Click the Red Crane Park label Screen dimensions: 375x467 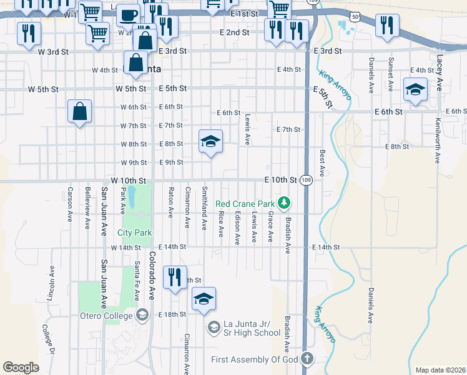click(245, 203)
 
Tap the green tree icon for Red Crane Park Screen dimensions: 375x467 click(284, 202)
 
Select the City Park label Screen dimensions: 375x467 click(134, 232)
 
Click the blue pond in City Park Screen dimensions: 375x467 click(132, 197)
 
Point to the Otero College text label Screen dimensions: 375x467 click(107, 315)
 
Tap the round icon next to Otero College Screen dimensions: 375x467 click(142, 314)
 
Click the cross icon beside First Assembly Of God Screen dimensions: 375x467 click(306, 359)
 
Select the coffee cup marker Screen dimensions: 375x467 click(129, 15)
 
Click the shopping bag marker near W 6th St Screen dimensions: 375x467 click(80, 112)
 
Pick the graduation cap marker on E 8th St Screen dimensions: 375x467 click(211, 142)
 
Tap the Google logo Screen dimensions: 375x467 click(21, 367)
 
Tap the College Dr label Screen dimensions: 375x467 click(49, 338)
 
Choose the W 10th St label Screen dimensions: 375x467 click(128, 181)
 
